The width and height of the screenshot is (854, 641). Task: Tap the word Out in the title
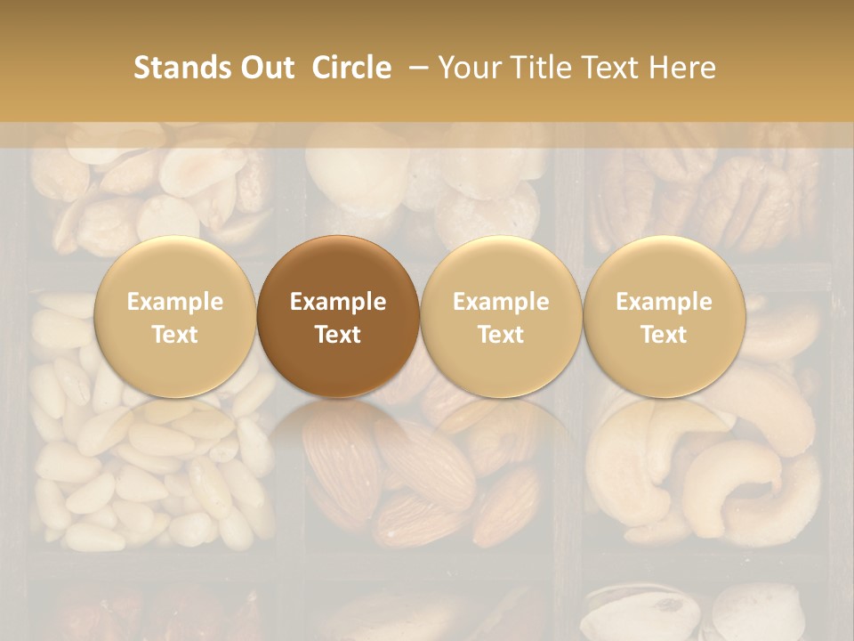266,68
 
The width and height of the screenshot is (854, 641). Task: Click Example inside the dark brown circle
338,302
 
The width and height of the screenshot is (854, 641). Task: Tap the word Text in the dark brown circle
338,335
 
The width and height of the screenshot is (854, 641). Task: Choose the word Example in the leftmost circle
175,302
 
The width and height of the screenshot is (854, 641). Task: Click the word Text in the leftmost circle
175,335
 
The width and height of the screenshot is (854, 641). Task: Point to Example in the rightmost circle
664,302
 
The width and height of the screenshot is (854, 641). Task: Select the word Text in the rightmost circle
664,335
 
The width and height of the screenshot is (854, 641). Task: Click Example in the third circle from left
501,302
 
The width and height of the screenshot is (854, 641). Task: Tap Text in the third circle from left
501,335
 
